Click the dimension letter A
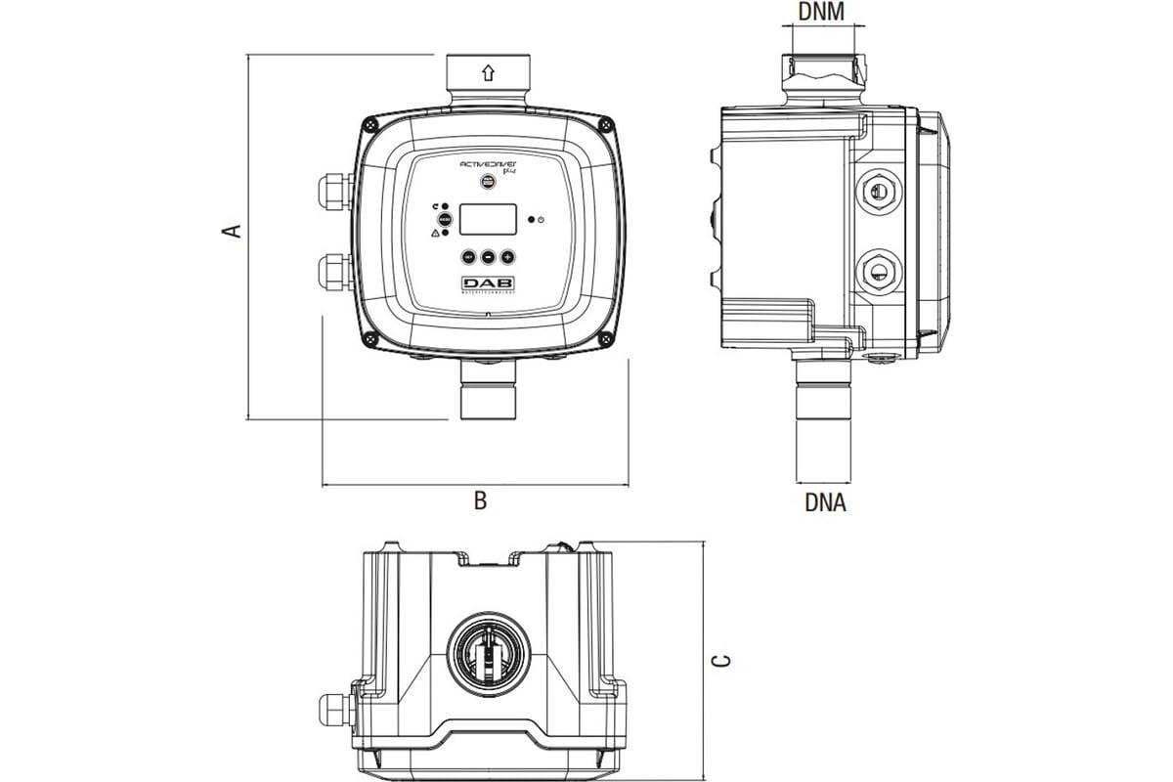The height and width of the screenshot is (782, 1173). tap(231, 230)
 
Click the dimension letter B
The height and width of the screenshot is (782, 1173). tap(480, 501)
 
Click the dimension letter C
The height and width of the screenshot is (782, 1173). tap(721, 662)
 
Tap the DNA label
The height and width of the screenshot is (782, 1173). tap(825, 503)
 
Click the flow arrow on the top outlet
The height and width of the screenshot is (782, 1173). tap(488, 72)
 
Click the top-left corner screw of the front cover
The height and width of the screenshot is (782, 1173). tap(369, 123)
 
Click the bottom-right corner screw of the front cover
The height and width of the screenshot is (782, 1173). tap(606, 339)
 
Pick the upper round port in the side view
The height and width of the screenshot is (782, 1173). tap(877, 191)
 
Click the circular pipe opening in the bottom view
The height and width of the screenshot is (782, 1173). tap(488, 655)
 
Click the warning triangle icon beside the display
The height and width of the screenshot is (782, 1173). tap(435, 234)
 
